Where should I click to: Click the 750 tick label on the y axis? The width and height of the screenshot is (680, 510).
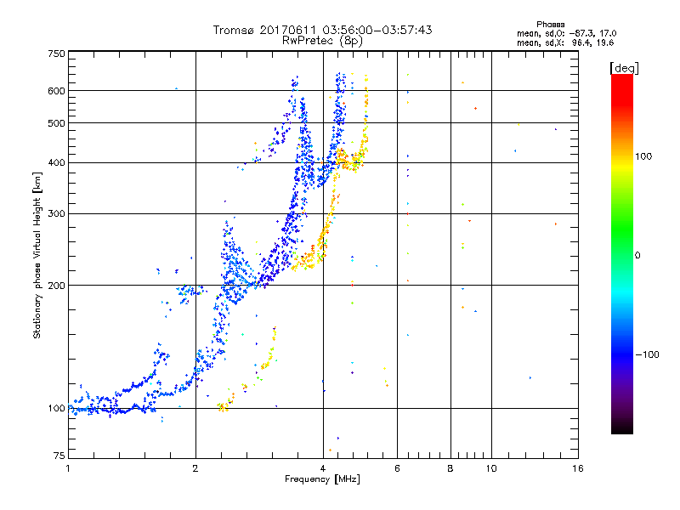(57, 54)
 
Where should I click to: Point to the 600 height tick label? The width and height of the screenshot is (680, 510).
(57, 91)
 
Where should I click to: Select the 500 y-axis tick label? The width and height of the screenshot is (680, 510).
(57, 123)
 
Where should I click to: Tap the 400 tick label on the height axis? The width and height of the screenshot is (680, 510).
(57, 162)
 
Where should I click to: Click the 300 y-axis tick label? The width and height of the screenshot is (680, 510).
(57, 213)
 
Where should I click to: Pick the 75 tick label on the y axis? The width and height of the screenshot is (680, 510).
(59, 455)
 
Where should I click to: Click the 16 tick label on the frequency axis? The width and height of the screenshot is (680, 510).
(577, 468)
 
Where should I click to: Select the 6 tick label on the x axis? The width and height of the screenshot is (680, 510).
(397, 468)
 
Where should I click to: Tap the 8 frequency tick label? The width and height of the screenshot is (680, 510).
(450, 468)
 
